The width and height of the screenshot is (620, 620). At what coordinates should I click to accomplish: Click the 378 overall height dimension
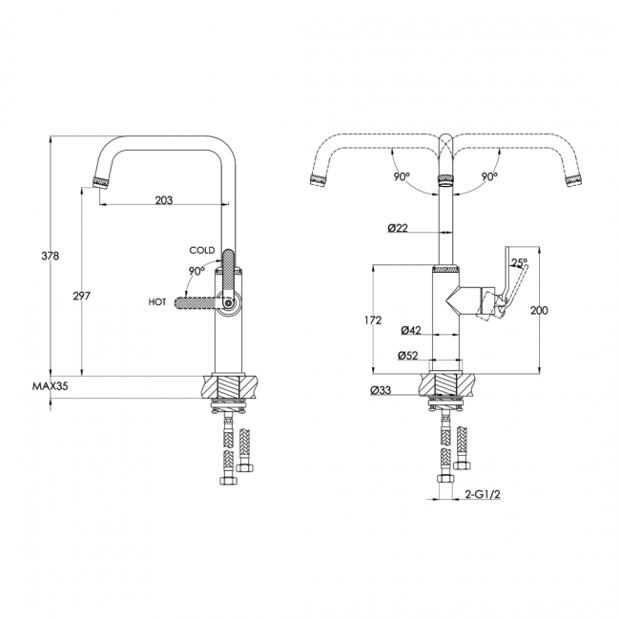[x=51, y=257]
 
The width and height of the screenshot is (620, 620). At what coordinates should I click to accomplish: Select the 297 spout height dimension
[x=82, y=296]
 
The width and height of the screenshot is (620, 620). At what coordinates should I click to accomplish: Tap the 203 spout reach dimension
[x=164, y=200]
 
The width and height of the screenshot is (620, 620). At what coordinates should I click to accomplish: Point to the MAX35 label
[x=51, y=386]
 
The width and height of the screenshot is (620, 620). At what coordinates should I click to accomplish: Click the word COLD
[x=202, y=250]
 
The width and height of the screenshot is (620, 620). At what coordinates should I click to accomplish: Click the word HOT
[x=157, y=302]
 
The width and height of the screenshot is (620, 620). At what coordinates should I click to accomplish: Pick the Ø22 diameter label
[x=398, y=228]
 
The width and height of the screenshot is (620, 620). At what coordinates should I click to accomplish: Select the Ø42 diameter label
[x=411, y=330]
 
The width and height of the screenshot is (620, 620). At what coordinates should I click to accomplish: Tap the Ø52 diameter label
[x=407, y=356]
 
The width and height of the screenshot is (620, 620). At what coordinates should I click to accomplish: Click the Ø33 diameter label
[x=381, y=390]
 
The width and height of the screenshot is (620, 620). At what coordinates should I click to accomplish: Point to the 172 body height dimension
[x=373, y=320]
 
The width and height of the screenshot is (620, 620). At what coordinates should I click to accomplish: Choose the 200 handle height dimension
[x=539, y=311]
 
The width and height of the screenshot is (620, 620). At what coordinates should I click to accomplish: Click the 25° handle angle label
[x=519, y=262]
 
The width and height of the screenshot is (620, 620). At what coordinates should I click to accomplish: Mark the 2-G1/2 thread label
[x=480, y=494]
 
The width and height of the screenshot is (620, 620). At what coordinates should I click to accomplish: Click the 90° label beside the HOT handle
[x=196, y=271]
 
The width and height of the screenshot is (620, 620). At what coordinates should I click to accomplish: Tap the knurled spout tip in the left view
[x=100, y=183]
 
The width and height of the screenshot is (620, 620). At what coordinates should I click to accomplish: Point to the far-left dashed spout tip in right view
[x=319, y=179]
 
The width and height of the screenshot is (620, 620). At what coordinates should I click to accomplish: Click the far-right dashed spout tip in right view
[x=573, y=180]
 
